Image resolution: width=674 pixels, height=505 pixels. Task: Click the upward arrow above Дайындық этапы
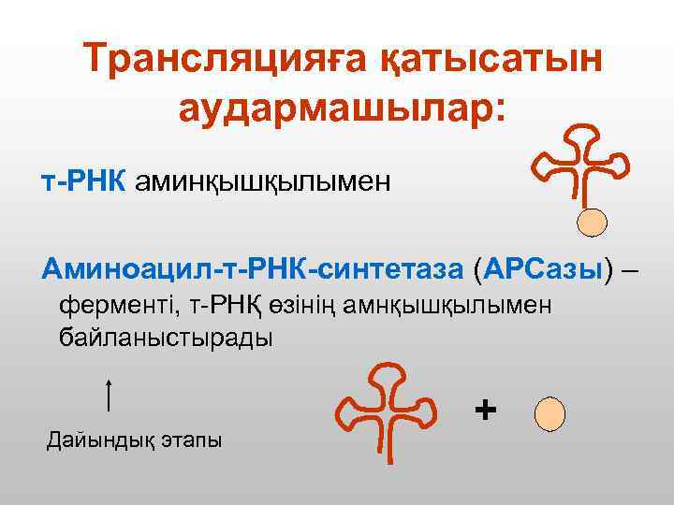(x=110, y=395)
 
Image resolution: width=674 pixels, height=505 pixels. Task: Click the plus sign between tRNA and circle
(x=484, y=410)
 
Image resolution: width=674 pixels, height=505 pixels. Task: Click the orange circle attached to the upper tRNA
(x=592, y=222)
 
